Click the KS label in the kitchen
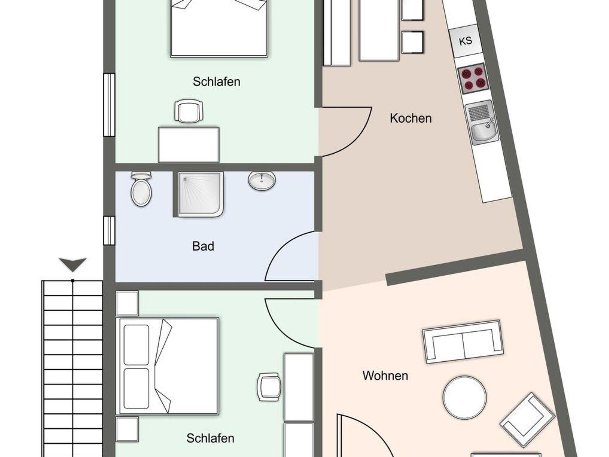pos(465,41)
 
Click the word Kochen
pos(411,118)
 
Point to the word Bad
pos(203,246)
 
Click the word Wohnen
pos(385,376)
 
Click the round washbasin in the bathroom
pos(262,181)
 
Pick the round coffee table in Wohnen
pos(464,398)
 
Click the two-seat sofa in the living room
pos(463,342)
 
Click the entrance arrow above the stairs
pos(73,264)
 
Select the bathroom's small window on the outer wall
pos(109,231)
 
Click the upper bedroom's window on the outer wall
pos(109,105)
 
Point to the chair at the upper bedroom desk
pos(189,111)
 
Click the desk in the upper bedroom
pos(189,145)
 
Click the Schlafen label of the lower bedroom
pos(210,438)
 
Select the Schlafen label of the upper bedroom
pos(216,81)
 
